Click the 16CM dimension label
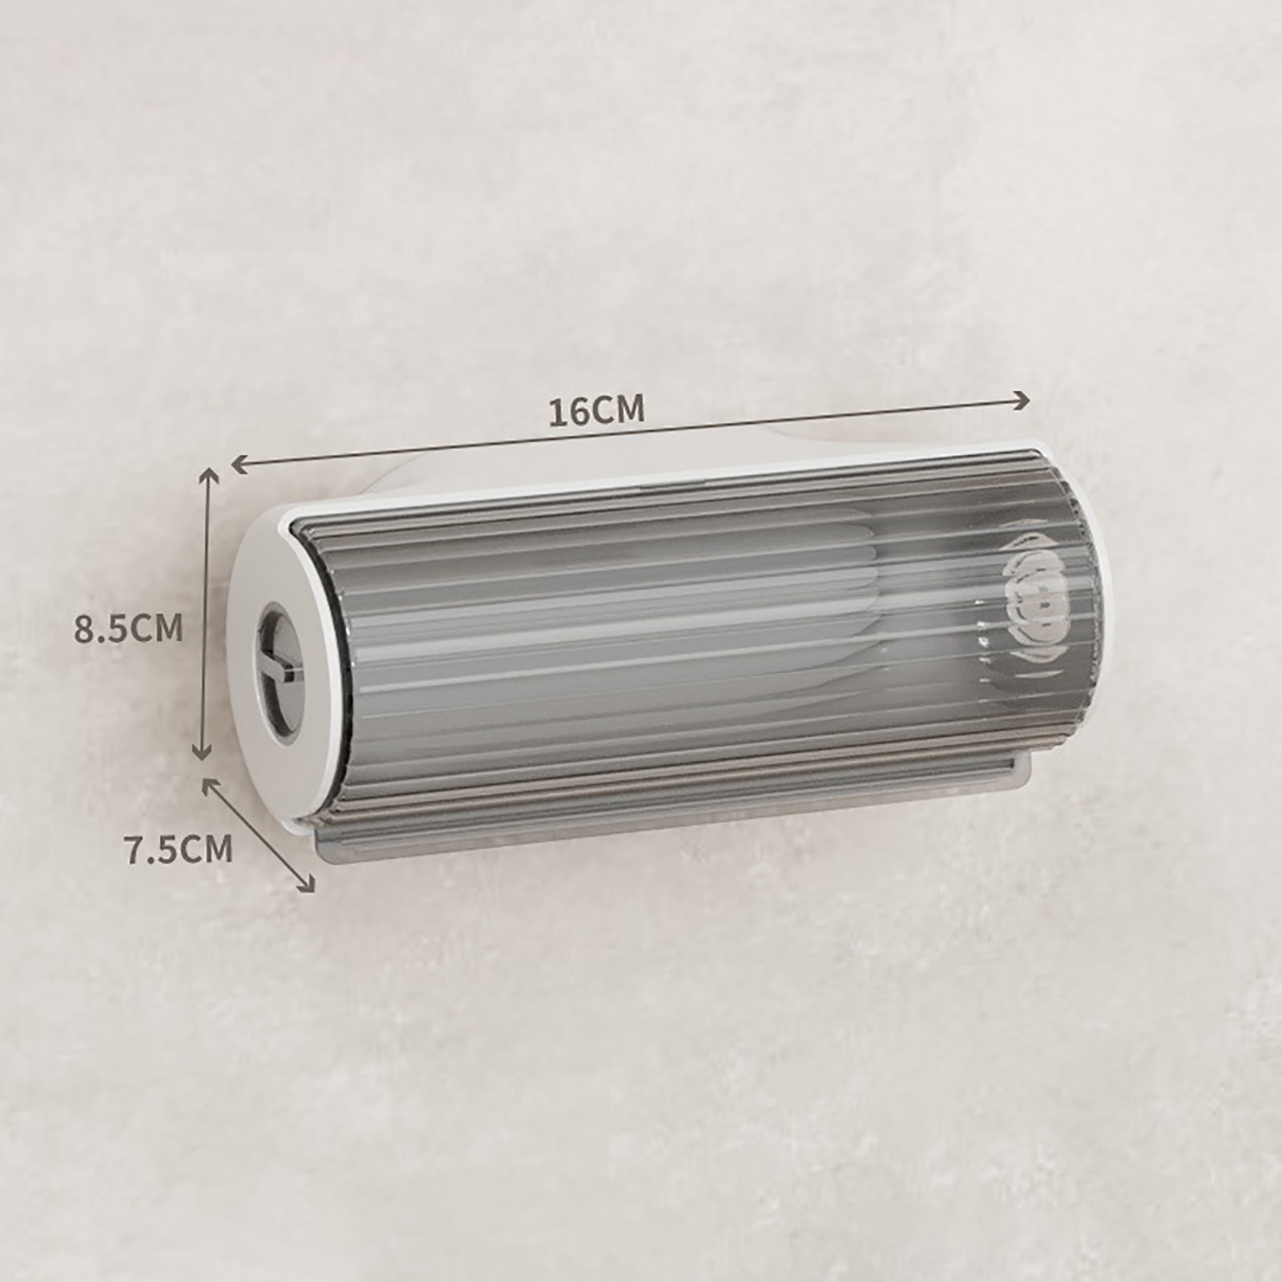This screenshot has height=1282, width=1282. [x=596, y=410]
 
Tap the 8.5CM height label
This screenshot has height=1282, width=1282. [x=129, y=628]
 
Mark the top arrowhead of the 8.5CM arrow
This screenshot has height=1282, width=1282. [x=208, y=479]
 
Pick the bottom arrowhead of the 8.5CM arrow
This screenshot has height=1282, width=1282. [x=202, y=750]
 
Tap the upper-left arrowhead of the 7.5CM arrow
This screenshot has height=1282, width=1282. [x=211, y=787]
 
